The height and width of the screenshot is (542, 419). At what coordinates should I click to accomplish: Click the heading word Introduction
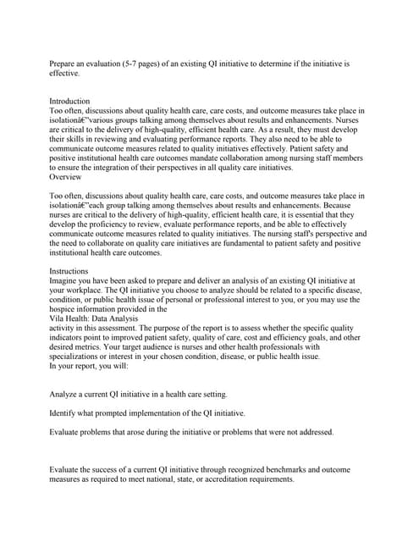tap(69, 102)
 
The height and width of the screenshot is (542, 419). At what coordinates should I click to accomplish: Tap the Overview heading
tap(65, 177)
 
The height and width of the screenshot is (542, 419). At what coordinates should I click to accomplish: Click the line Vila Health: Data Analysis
tap(94, 318)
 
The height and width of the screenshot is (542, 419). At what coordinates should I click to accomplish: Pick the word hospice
tap(63, 308)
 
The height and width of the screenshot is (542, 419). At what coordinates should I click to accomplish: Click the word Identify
tap(64, 412)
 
